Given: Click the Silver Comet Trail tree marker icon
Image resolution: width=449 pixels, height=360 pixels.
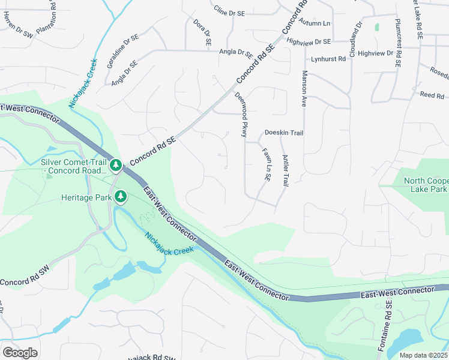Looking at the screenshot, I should (116, 164).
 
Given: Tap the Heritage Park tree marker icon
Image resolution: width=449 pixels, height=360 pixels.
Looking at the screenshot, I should (121, 196).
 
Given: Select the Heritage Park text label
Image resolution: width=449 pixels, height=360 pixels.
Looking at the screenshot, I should (86, 197).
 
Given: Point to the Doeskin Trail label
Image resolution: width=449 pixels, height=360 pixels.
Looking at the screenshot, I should (283, 133).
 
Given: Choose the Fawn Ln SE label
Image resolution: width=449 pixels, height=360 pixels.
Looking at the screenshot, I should (265, 164).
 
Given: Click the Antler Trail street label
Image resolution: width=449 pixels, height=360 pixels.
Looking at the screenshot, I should (286, 170).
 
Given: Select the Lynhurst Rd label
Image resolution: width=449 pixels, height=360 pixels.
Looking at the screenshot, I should (328, 59).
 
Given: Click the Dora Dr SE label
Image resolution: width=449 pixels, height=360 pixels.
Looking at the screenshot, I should (202, 32).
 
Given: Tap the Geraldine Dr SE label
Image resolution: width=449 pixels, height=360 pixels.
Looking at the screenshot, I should (124, 50).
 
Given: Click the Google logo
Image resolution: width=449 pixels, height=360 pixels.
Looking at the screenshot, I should (20, 352).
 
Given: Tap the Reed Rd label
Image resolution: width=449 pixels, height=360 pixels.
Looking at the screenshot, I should (432, 95).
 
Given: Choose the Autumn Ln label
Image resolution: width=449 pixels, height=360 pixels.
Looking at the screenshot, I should (318, 23).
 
